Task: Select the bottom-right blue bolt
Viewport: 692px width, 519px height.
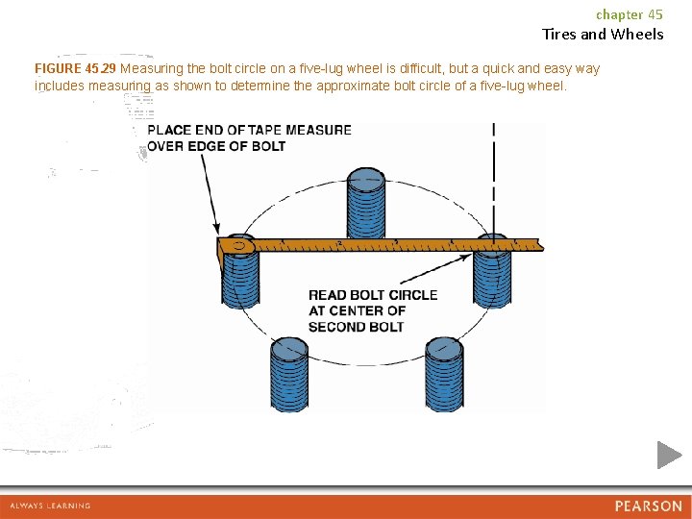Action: click(443, 373)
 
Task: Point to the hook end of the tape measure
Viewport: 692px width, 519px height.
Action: click(237, 246)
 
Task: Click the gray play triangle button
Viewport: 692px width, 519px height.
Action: click(669, 455)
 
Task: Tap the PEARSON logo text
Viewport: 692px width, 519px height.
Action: click(649, 506)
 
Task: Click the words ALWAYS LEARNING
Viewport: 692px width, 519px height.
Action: click(50, 506)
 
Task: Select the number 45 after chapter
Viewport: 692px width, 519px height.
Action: click(655, 14)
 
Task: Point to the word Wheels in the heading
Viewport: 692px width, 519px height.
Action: click(637, 35)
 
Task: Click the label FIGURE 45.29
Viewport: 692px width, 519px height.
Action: click(75, 69)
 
